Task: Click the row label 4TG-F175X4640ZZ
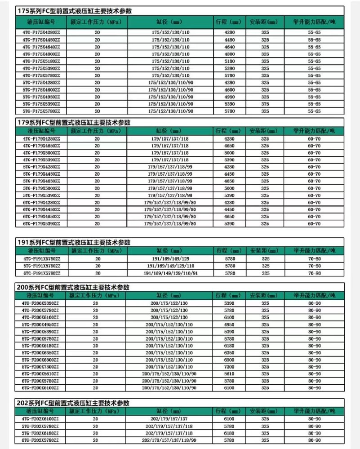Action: coord(41,47)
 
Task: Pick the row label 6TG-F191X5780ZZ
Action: coord(41,273)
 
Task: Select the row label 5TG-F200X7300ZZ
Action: coord(41,367)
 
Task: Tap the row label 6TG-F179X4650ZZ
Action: coord(41,216)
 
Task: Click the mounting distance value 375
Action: coord(265,104)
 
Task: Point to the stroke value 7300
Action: coord(230,367)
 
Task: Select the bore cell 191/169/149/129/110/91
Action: coord(170,273)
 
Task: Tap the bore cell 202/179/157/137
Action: coord(170,418)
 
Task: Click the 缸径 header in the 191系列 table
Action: coord(170,250)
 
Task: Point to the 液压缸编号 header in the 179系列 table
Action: coord(41,130)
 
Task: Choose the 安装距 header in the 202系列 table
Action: coord(264,411)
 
